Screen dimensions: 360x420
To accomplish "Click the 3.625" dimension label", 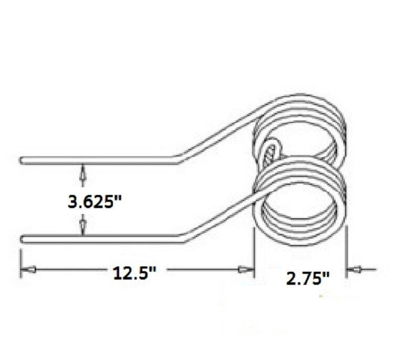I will point(91,201).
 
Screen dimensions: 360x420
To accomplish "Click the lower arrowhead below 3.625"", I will point(81,228).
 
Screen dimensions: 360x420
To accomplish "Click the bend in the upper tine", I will point(178,159).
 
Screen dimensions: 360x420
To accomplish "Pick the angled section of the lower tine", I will point(220,215).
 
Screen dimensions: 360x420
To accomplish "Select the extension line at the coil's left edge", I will point(254,258).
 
